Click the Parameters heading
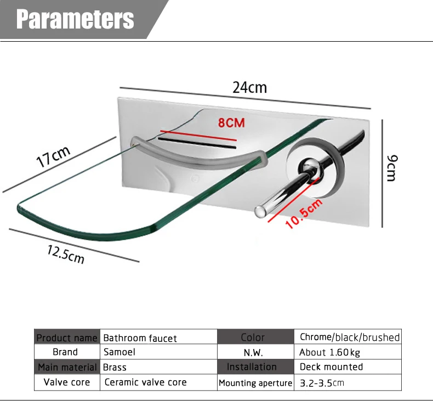(75, 19)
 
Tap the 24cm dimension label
(249, 87)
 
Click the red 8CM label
(231, 123)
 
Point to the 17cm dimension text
(53, 156)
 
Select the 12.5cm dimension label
(66, 255)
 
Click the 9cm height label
(392, 168)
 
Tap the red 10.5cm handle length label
(304, 213)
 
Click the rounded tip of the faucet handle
(260, 212)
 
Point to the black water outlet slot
(197, 143)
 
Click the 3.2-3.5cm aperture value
(322, 383)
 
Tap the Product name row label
(67, 337)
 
